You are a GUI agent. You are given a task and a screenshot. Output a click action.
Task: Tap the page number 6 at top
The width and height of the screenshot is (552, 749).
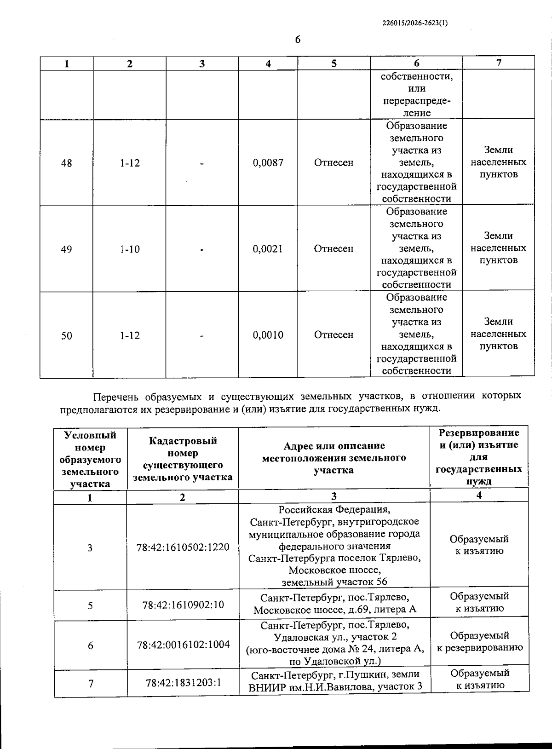[x=298, y=40]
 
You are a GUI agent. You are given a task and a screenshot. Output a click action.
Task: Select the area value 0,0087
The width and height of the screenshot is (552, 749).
[x=268, y=162]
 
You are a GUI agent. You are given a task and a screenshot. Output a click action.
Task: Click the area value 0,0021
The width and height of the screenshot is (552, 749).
[x=268, y=249]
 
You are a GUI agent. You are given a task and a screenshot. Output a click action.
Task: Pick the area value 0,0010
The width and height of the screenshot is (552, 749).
[x=268, y=335]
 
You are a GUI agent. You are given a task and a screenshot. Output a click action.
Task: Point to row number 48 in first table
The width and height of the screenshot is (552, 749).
[x=67, y=163]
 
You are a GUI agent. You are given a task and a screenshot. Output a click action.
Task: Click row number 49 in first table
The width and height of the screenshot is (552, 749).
[x=67, y=249]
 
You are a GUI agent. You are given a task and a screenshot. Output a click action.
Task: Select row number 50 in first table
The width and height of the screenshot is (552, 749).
[x=67, y=336]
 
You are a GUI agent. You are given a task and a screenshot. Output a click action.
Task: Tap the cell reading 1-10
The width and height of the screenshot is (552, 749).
[x=130, y=249]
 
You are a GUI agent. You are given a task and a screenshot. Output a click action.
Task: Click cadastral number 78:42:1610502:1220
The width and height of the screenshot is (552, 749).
[x=183, y=547]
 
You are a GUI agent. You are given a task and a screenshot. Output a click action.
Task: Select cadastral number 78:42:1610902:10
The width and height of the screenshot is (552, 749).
[x=183, y=605]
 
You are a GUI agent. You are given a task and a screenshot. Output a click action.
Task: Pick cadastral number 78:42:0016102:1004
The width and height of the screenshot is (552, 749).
[x=183, y=645]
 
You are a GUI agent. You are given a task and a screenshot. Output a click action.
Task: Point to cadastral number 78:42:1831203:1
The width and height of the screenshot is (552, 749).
[x=183, y=682]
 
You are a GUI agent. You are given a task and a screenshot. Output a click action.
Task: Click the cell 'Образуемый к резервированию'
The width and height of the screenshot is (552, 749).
[x=479, y=641]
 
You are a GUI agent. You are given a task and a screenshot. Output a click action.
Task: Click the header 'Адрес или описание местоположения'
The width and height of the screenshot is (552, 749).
[x=334, y=458]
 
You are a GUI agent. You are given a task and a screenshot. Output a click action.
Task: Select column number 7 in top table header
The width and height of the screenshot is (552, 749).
[x=499, y=63]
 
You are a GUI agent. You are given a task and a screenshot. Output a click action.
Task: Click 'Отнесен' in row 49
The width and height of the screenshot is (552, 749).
[x=333, y=249]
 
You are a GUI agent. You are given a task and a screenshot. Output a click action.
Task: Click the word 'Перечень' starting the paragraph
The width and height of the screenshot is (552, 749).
[x=116, y=396]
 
